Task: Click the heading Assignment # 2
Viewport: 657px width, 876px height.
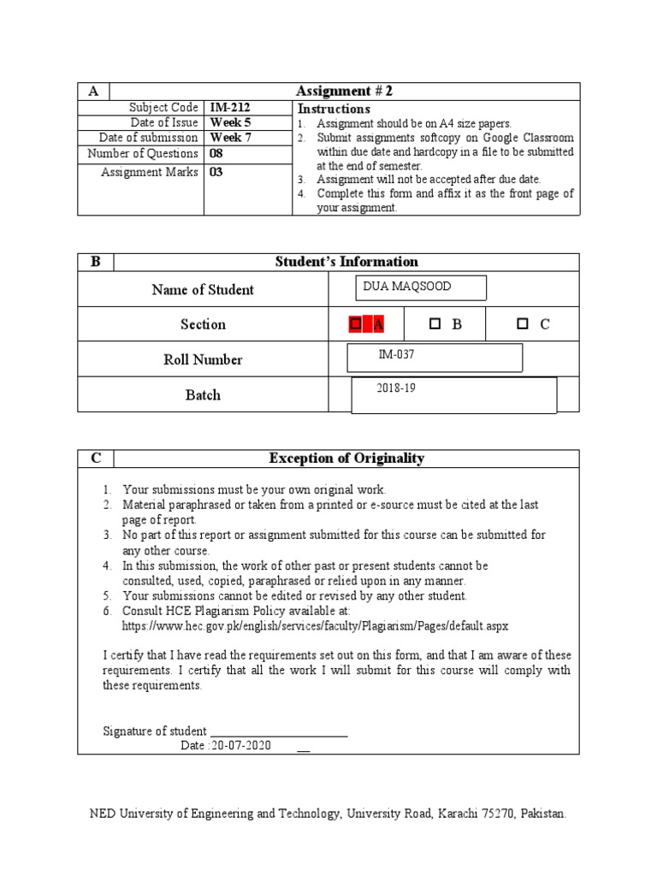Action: tap(344, 92)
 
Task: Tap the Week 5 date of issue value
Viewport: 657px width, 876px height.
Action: tap(230, 122)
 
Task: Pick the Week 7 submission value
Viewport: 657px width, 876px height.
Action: tap(230, 138)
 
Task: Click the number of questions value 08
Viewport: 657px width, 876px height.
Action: tap(218, 153)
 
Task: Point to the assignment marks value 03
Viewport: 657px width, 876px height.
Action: tap(218, 172)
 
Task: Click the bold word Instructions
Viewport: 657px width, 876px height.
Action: tap(333, 109)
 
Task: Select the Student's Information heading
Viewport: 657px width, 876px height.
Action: tap(346, 262)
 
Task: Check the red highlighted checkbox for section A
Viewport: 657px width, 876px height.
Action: tap(355, 324)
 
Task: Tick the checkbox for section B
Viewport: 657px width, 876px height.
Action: tap(435, 324)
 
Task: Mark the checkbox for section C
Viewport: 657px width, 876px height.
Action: tap(522, 324)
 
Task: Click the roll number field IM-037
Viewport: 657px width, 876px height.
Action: tap(435, 358)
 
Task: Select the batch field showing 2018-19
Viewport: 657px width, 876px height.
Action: tap(454, 394)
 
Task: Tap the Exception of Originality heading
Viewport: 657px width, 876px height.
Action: tap(346, 459)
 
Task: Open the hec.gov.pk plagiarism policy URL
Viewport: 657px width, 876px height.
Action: tap(315, 625)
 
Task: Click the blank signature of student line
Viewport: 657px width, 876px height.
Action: tap(279, 731)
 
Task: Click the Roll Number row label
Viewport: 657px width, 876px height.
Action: tap(203, 359)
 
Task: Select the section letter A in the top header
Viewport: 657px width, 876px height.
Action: tap(93, 92)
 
